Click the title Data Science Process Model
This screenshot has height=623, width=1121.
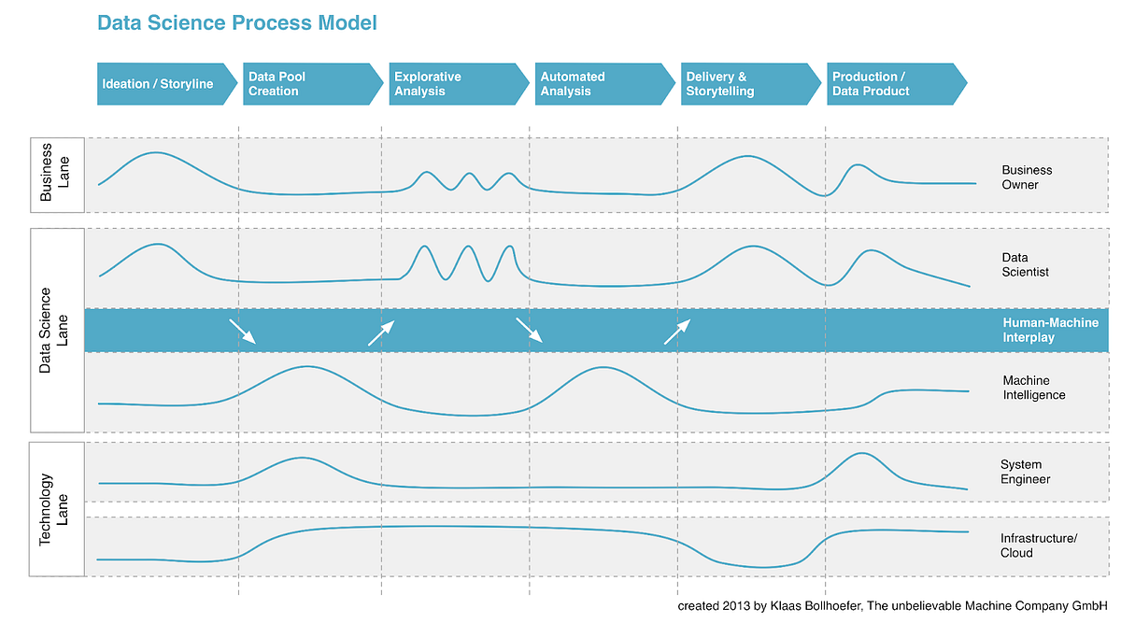click(237, 22)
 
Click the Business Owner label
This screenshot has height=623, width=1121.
click(1027, 177)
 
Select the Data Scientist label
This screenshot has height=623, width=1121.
click(1026, 264)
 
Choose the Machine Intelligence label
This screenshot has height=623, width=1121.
click(1033, 388)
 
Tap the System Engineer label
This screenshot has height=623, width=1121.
click(1025, 472)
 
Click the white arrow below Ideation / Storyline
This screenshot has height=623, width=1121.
click(242, 332)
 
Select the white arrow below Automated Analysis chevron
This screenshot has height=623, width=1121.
click(529, 332)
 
